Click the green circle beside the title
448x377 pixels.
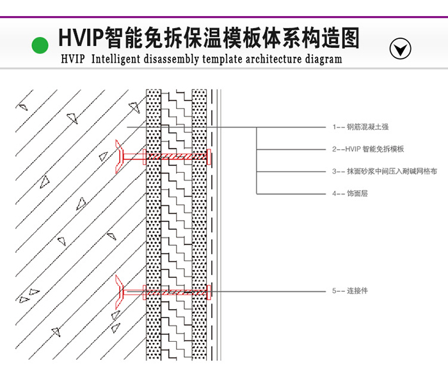[x=40, y=45]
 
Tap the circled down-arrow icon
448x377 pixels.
[x=400, y=48]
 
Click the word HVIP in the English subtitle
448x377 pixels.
[x=73, y=59]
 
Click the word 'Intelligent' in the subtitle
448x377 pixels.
[x=116, y=59]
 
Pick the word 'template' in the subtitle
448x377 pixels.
[x=223, y=59]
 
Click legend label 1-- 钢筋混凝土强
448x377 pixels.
[x=360, y=127]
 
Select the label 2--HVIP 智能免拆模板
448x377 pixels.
[x=368, y=149]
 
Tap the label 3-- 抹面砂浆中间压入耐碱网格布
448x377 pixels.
[x=385, y=171]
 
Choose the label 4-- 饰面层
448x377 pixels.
[x=350, y=193]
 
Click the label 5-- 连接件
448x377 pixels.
[x=350, y=291]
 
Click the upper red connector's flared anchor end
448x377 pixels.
[x=118, y=156]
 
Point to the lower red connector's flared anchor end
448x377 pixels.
[x=118, y=292]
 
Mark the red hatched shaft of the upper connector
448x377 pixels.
[x=176, y=157]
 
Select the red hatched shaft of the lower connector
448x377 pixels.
[x=176, y=293]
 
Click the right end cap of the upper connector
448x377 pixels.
[x=209, y=157]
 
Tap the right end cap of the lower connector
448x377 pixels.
[x=209, y=293]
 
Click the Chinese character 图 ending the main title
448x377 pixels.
[x=350, y=38]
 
